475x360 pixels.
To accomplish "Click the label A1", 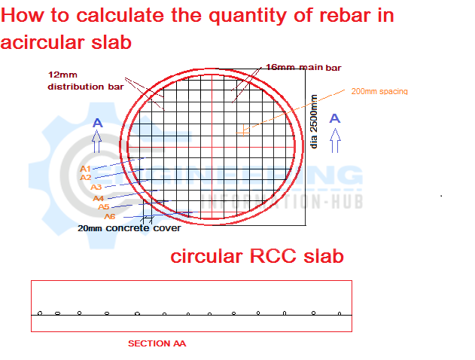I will (85, 169).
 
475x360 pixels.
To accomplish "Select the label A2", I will (86, 178).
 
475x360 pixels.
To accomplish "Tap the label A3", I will (96, 187).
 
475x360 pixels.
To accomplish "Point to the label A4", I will (99, 198).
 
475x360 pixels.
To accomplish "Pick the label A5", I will (104, 206).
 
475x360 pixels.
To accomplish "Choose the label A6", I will (110, 216).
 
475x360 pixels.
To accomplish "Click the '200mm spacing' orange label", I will (379, 91).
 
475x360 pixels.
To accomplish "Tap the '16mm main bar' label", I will (303, 68).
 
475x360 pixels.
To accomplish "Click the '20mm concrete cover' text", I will (129, 228).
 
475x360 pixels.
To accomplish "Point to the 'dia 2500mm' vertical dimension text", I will (315, 121).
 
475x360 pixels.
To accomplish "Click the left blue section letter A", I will (96, 122).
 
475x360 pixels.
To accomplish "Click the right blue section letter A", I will (335, 118).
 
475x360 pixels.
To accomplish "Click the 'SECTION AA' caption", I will (157, 343).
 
